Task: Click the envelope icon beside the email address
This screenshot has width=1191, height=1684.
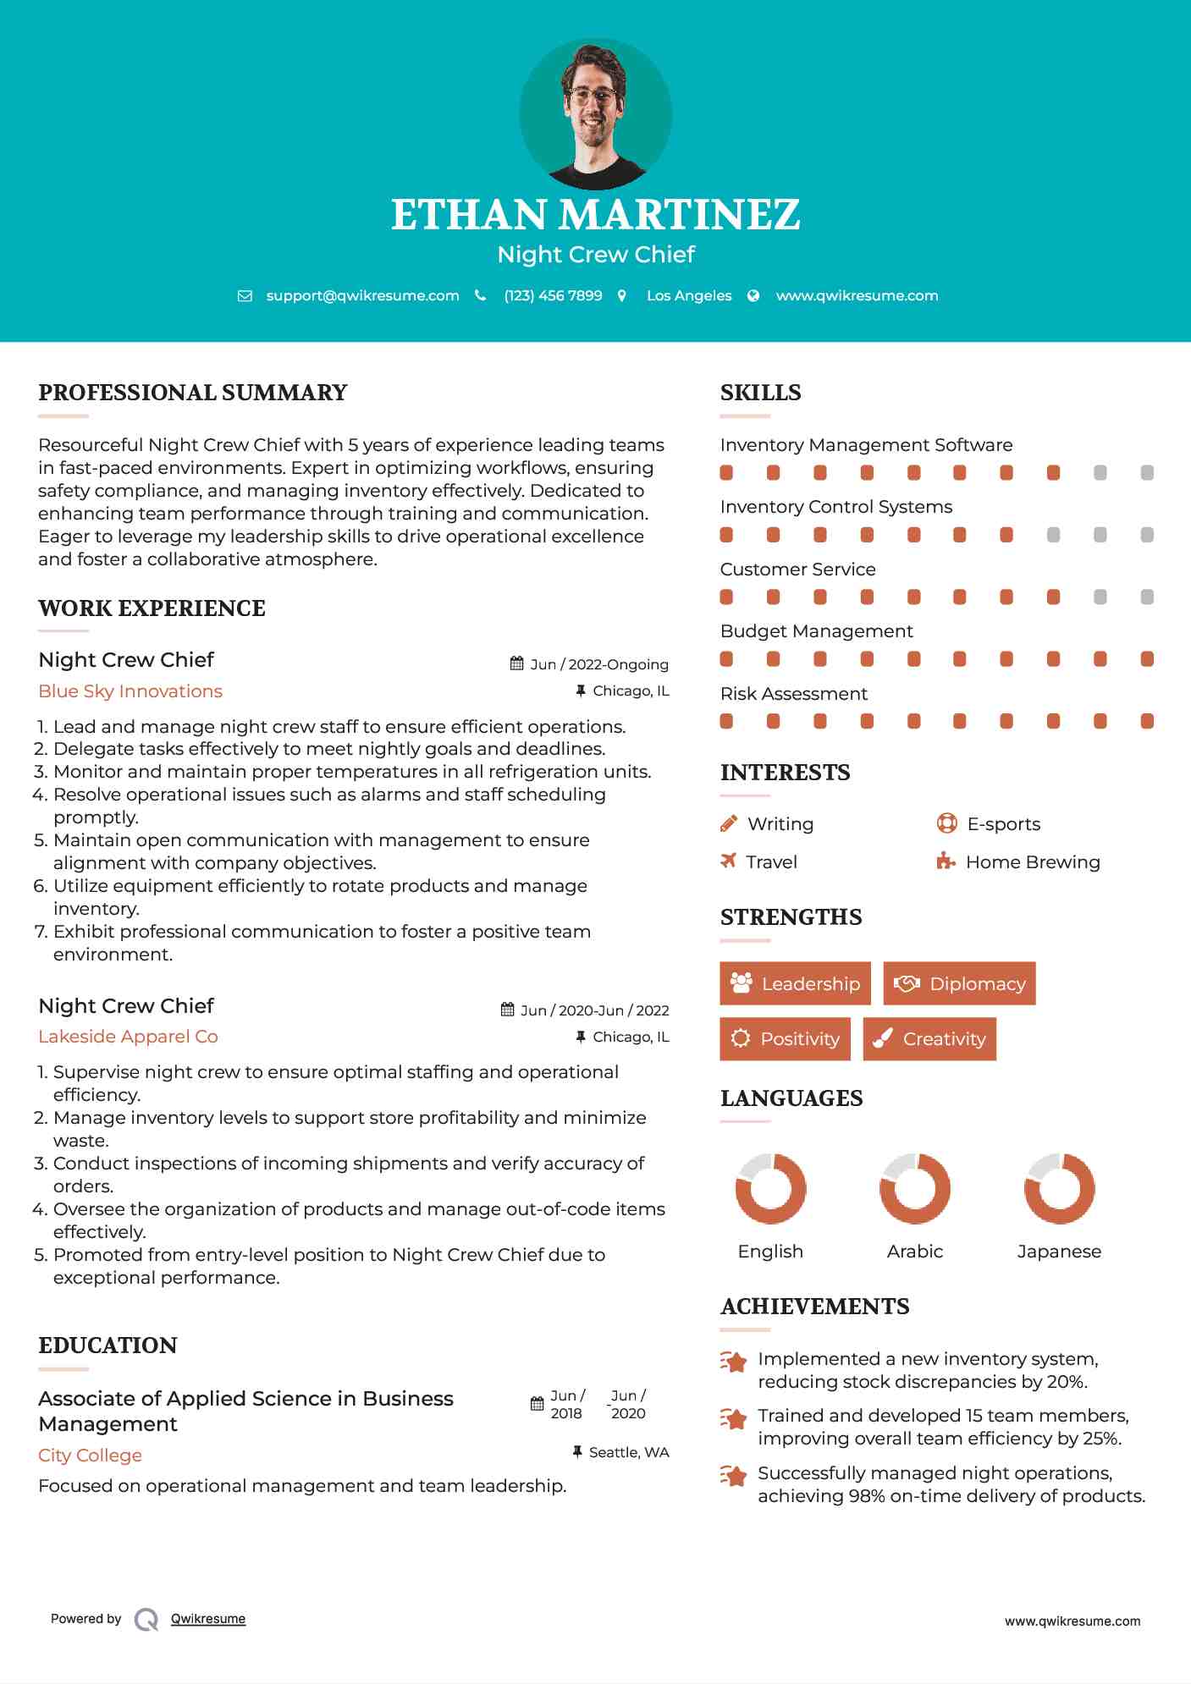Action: pyautogui.click(x=245, y=296)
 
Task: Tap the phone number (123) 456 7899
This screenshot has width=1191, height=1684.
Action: pyautogui.click(x=553, y=296)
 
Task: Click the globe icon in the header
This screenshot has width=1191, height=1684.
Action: pyautogui.click(x=753, y=296)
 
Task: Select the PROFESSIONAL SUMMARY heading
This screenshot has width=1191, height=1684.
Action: pyautogui.click(x=193, y=393)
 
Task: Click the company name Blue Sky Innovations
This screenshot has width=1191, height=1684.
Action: pyautogui.click(x=130, y=691)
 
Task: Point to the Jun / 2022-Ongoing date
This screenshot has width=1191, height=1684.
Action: pyautogui.click(x=598, y=664)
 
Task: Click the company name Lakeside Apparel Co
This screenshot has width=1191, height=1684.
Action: pyautogui.click(x=128, y=1037)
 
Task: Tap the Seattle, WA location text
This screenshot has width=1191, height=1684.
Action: pyautogui.click(x=629, y=1452)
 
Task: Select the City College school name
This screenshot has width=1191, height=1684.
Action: pyautogui.click(x=90, y=1456)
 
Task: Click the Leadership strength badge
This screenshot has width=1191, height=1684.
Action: pyautogui.click(x=795, y=983)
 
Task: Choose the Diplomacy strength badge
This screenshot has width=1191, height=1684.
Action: pyautogui.click(x=959, y=983)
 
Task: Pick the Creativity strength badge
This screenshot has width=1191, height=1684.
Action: pyautogui.click(x=929, y=1038)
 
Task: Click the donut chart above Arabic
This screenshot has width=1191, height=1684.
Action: pyautogui.click(x=915, y=1188)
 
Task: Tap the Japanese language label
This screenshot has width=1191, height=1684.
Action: pyautogui.click(x=1059, y=1252)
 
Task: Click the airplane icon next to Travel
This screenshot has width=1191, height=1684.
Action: pyautogui.click(x=728, y=861)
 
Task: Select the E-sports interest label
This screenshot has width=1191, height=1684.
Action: pyautogui.click(x=1004, y=824)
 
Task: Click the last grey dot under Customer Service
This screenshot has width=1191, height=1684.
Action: pyautogui.click(x=1147, y=597)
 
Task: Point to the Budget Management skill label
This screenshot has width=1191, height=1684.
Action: pyautogui.click(x=816, y=631)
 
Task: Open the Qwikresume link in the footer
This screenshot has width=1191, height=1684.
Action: pyautogui.click(x=208, y=1619)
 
